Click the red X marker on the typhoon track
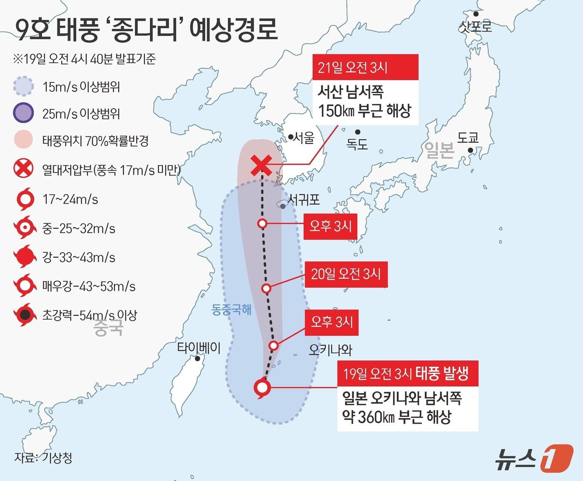261,165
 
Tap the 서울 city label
303,138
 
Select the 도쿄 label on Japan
468,138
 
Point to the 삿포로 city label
475,27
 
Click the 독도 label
357,144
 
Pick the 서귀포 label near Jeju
304,200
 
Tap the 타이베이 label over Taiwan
199,347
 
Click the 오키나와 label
331,350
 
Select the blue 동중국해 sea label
232,310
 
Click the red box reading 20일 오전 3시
346,274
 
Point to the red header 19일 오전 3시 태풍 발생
407,374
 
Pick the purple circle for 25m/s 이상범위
23,113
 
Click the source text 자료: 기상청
43,458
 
